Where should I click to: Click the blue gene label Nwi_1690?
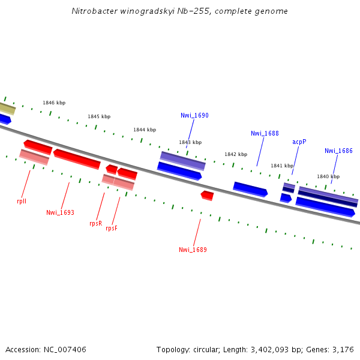(194, 115)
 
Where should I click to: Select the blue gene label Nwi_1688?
(265, 133)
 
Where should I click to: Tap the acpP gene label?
(299, 142)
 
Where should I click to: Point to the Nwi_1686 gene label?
(338, 151)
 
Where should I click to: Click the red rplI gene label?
(22, 202)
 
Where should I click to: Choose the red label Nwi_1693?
(60, 212)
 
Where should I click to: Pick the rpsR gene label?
(95, 223)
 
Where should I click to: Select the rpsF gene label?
(112, 228)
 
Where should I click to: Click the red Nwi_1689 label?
(193, 250)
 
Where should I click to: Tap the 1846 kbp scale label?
(54, 103)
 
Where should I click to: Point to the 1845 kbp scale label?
(99, 116)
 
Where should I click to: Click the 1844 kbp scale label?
(145, 130)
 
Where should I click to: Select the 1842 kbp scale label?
(236, 154)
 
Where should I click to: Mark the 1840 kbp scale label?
(328, 176)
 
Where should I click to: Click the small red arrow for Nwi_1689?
(207, 196)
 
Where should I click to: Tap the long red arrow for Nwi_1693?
(77, 159)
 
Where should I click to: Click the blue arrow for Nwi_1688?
(250, 189)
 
